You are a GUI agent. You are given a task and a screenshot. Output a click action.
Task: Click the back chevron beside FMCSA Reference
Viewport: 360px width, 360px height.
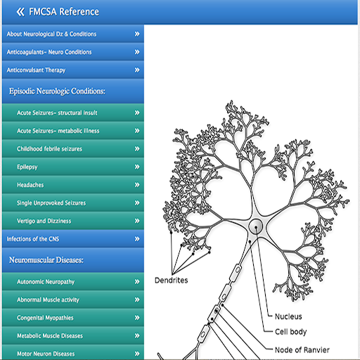[20, 12]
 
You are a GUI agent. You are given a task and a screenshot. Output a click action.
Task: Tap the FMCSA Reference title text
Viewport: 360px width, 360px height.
[64, 12]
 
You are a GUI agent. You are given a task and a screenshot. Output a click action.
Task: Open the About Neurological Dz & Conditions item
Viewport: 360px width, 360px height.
[51, 34]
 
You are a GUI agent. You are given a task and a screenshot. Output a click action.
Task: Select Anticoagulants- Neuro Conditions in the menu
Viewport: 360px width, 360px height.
[49, 52]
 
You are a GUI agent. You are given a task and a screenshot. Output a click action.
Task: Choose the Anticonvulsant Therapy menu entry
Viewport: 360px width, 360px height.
[36, 70]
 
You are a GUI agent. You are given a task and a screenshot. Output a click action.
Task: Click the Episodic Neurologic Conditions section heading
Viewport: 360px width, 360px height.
[57, 91]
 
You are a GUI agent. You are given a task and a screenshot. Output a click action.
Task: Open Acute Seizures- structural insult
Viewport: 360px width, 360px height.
[57, 112]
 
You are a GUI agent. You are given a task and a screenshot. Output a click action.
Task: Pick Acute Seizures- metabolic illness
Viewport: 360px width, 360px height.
[58, 131]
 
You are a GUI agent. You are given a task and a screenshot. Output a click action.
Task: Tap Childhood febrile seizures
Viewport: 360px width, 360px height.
[49, 149]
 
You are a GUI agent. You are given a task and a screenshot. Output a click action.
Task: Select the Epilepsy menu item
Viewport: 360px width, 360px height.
[27, 167]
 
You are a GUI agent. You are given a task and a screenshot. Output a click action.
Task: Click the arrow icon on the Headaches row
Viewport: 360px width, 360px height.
[137, 185]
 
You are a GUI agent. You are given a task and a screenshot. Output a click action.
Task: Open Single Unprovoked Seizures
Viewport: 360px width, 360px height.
[51, 203]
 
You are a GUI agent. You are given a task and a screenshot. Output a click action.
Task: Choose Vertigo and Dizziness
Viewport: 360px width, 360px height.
[44, 221]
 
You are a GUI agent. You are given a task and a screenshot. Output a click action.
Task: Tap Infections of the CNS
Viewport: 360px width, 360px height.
[33, 239]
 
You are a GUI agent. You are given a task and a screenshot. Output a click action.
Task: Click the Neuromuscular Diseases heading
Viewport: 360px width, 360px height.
[46, 260]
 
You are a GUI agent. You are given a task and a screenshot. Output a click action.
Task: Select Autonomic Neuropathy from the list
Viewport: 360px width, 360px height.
[46, 282]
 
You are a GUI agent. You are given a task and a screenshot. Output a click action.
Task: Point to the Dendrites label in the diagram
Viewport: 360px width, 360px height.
[172, 281]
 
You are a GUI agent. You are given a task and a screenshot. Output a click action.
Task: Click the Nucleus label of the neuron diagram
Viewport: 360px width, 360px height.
[288, 316]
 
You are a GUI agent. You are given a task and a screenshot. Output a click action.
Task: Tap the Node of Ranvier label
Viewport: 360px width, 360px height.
[302, 350]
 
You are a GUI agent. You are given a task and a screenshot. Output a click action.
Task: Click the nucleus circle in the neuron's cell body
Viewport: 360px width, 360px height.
[256, 226]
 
